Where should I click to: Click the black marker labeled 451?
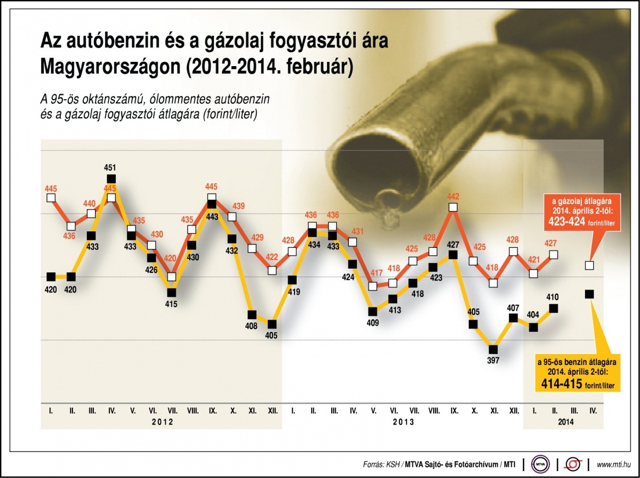111,179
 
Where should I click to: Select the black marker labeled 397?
493,350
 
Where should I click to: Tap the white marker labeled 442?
453,207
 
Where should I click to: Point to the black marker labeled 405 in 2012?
273,324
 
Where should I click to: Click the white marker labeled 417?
373,286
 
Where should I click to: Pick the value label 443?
211,217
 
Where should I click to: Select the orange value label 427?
551,244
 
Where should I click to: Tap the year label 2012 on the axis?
162,421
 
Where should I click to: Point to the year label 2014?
566,421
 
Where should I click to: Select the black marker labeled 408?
252,314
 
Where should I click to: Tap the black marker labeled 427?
453,255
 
